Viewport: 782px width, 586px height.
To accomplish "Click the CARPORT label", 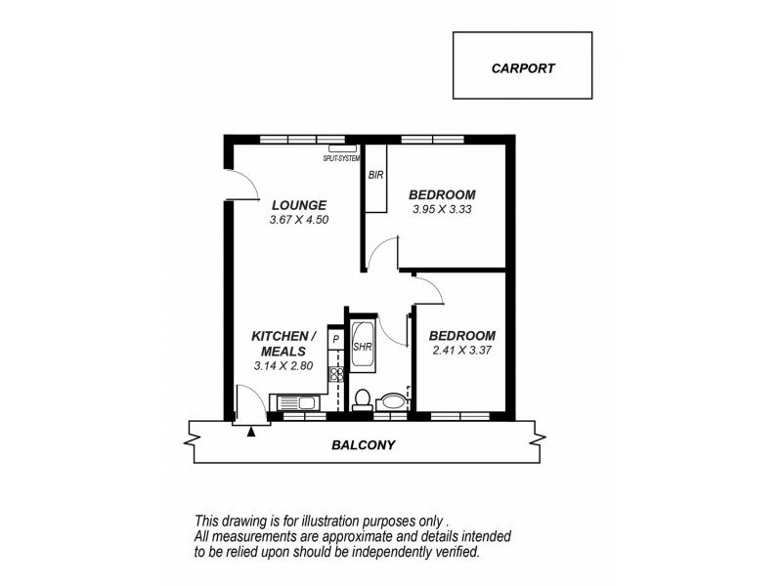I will (522, 68).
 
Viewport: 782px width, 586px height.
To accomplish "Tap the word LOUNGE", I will (298, 205).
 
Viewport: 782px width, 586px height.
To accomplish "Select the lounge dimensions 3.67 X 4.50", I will (298, 220).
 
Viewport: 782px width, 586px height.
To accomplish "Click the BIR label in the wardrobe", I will (375, 176).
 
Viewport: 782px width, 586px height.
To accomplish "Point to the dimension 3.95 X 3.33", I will (441, 208).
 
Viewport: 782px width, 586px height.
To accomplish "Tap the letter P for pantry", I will (335, 340).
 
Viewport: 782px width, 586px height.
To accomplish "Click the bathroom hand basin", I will (393, 400).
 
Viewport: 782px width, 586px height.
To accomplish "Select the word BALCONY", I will (362, 445).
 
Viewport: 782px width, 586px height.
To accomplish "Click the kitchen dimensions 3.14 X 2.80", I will (282, 366).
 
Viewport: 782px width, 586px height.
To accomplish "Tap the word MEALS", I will (283, 351).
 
